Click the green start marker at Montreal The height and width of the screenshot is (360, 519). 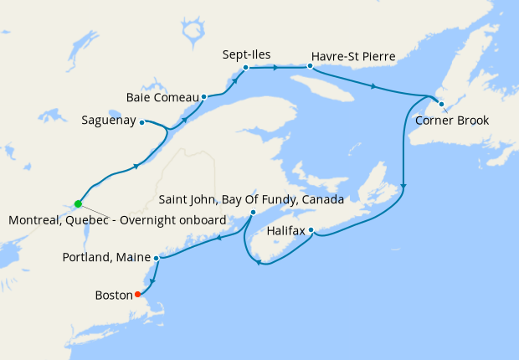tap(78, 203)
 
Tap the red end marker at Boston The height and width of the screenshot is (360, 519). tap(137, 294)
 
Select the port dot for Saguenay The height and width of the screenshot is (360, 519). tap(141, 121)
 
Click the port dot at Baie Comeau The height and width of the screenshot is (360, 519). tap(204, 96)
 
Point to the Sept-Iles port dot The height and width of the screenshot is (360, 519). tap(246, 67)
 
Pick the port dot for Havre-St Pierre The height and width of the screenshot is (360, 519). tap(310, 65)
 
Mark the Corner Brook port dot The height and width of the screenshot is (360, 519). tap(441, 104)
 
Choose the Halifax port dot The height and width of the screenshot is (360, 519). tap(311, 229)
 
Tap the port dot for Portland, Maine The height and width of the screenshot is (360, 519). tap(157, 258)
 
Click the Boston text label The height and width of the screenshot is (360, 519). tap(114, 295)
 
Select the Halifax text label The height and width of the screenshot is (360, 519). tap(287, 229)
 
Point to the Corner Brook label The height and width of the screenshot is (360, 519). tap(451, 120)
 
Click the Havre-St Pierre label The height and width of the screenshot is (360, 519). tap(352, 56)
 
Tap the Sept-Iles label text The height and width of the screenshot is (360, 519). tap(246, 54)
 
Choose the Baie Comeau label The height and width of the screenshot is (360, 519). tap(162, 97)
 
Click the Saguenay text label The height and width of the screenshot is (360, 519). tap(108, 121)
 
